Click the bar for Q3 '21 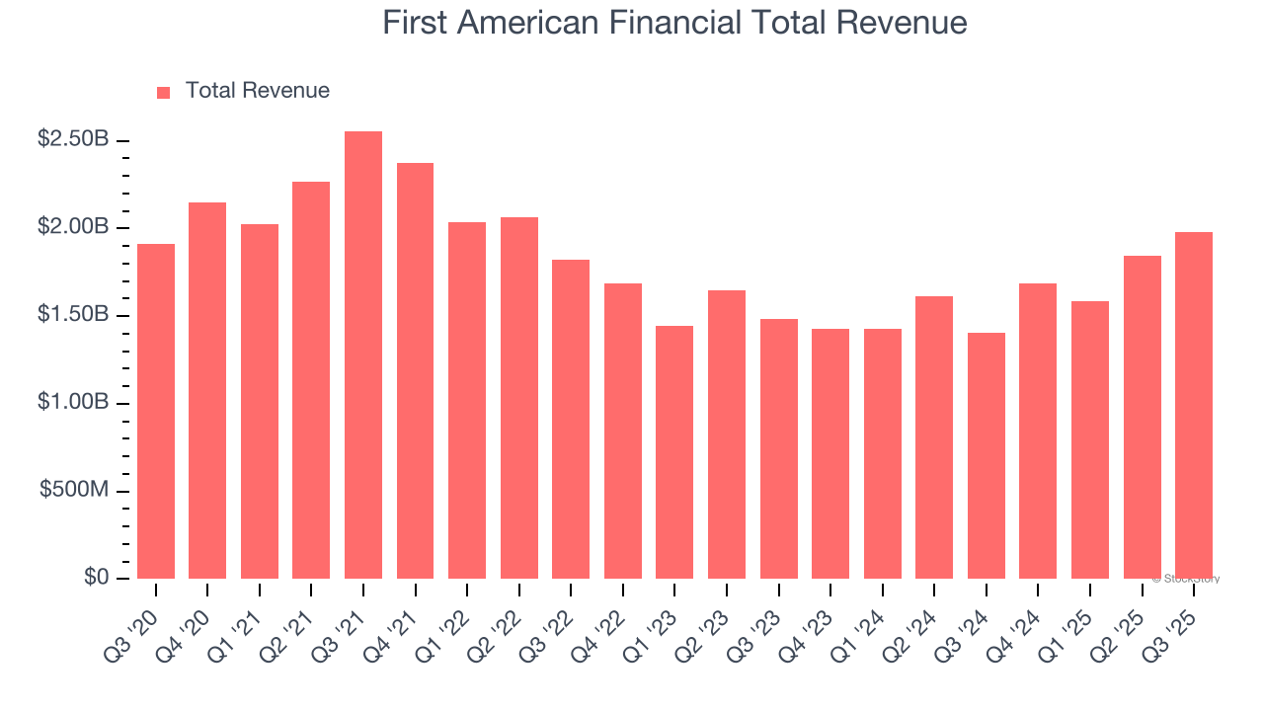pos(362,355)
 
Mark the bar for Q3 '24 pos(986,455)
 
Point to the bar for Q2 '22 pos(518,398)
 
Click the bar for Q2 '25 pos(1142,417)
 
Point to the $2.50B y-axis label pos(73,139)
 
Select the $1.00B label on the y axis pos(73,403)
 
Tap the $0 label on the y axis pos(95,578)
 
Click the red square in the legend pos(164,92)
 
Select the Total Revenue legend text pos(257,91)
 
